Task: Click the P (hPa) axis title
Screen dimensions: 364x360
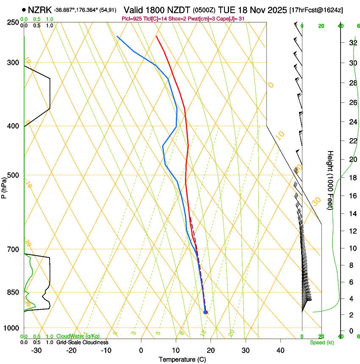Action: coord(4,186)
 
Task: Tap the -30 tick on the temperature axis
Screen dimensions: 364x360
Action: coord(36,350)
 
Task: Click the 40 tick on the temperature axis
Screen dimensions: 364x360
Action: coord(280,350)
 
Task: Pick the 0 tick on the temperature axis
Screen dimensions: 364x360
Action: coord(141,350)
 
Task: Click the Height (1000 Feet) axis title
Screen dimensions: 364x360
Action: coord(330,180)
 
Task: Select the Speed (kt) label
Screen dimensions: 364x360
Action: coord(321,342)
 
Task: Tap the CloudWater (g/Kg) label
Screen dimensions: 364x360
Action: coord(78,336)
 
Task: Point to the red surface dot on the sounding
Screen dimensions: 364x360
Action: coord(206,312)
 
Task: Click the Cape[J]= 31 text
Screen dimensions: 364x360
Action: coord(230,19)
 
